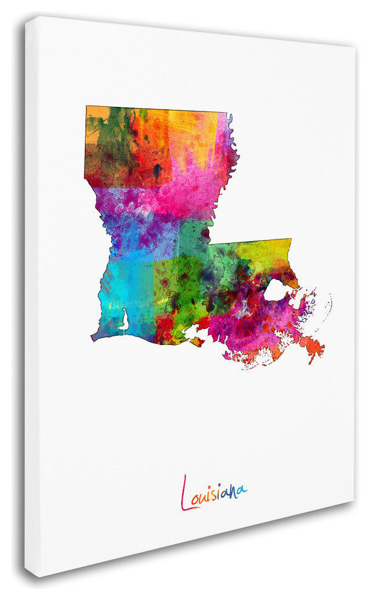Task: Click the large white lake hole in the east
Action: (x=276, y=292)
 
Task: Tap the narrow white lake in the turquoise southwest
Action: (x=125, y=319)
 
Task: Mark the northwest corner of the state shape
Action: (x=87, y=107)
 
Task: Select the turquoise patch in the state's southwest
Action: (x=118, y=291)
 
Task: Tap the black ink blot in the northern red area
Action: (x=158, y=169)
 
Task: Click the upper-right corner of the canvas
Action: (x=354, y=47)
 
